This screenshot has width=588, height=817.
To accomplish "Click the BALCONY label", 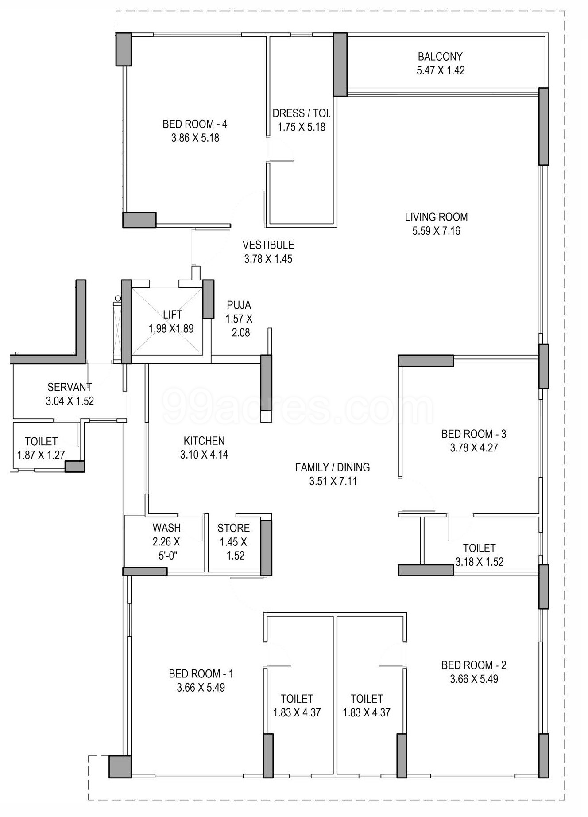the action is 440,57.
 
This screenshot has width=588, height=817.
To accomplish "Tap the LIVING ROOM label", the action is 436,217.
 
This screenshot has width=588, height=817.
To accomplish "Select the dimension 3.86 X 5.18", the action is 195,138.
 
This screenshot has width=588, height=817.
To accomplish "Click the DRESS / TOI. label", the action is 302,113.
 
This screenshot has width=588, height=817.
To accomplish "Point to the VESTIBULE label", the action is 268,245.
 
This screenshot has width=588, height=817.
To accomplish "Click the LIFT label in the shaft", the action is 172,315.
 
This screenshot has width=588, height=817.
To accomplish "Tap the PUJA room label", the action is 239,305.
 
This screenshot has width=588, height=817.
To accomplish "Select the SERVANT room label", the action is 70,387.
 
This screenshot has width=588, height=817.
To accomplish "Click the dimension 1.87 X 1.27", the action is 41,455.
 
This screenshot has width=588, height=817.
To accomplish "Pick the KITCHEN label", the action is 204,441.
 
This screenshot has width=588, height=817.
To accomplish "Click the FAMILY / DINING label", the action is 333,467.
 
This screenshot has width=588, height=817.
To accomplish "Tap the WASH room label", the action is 166,528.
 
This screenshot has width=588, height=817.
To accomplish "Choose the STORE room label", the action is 233,528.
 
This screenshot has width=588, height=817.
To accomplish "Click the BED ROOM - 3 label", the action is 474,434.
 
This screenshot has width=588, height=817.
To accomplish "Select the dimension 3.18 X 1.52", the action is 480,562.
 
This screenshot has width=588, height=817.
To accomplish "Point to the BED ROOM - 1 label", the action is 201,674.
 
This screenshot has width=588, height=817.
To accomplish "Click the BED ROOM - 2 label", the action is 474,665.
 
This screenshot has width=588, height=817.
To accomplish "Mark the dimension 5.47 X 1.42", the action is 441,71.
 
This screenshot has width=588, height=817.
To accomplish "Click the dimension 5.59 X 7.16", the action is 436,231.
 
